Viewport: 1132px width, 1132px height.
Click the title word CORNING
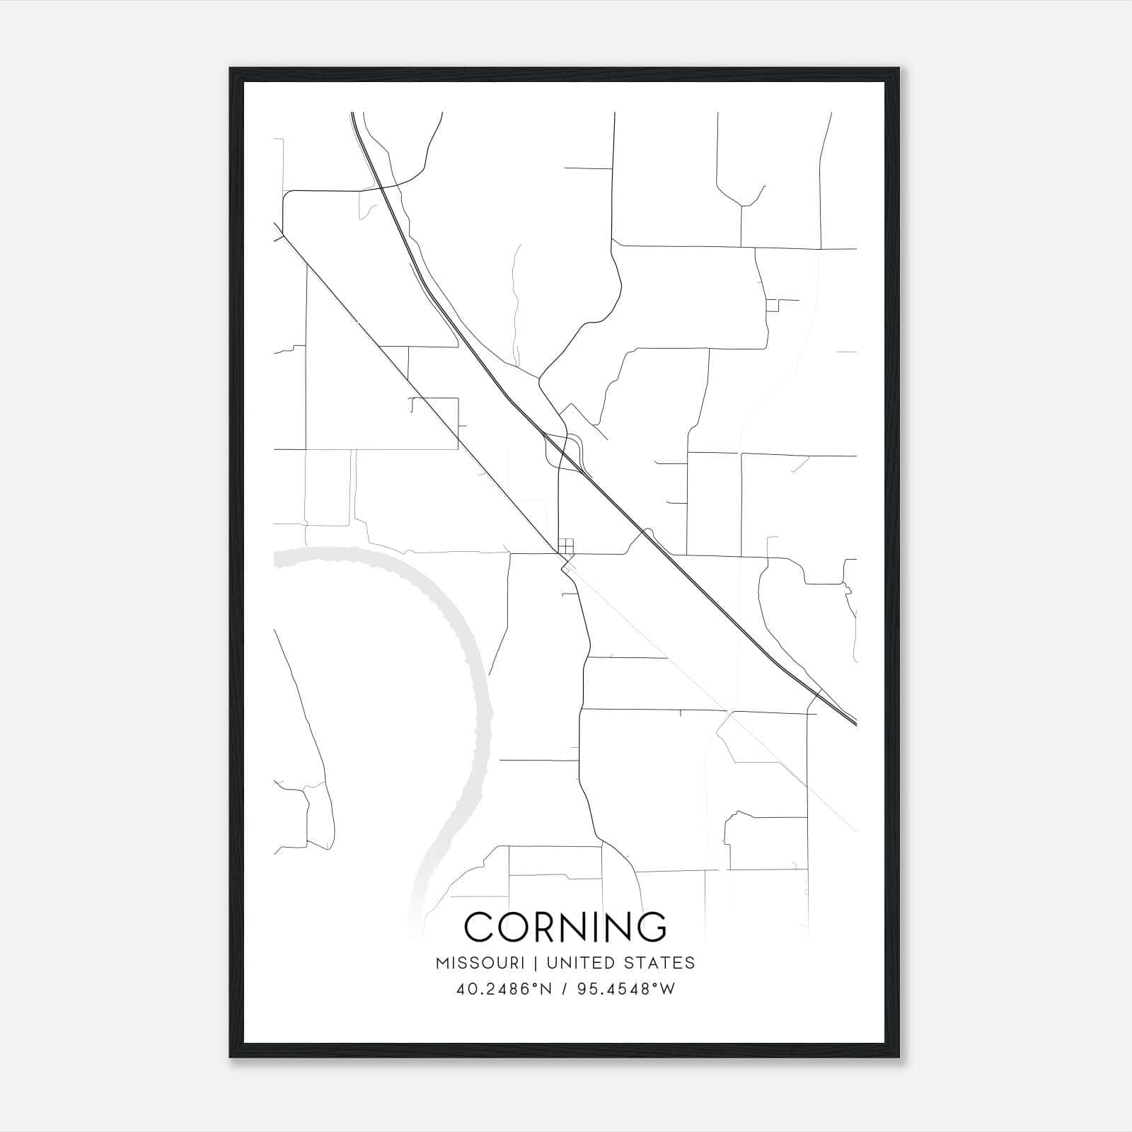coord(565,927)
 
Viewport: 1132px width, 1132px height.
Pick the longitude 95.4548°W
coord(626,989)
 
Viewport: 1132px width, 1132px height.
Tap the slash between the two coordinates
coord(563,989)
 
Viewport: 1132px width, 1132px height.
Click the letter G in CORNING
coord(647,927)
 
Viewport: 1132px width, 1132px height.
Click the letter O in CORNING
coord(513,927)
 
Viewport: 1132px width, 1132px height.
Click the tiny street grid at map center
coord(565,547)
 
